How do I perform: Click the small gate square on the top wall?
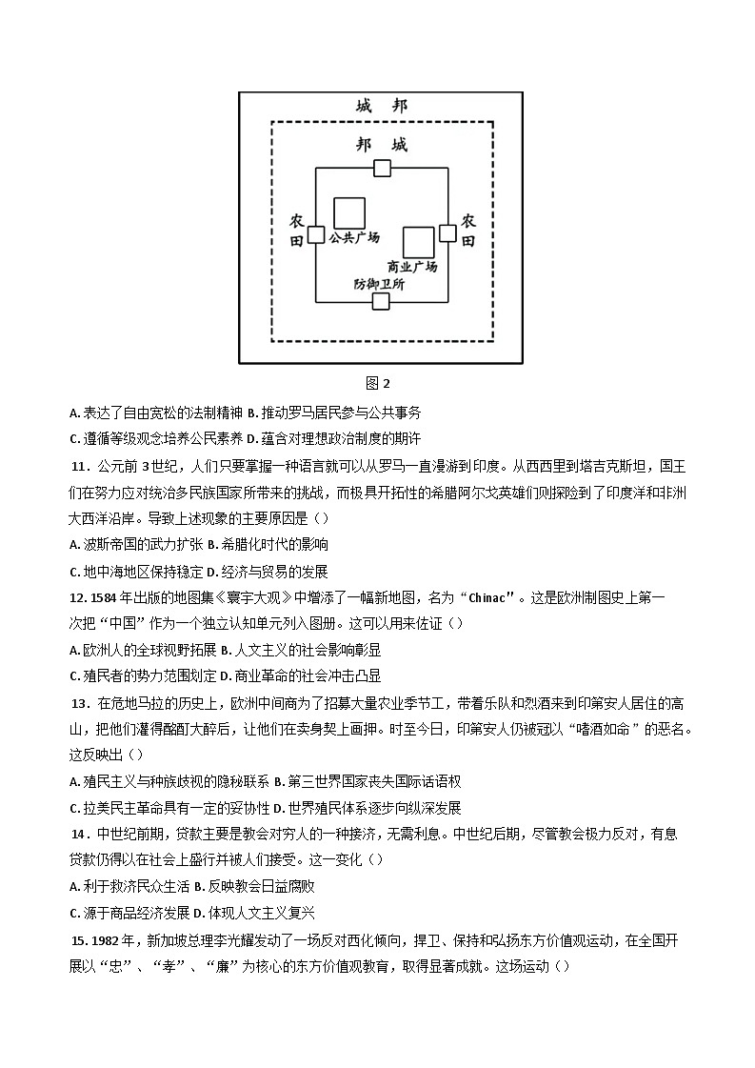click(382, 169)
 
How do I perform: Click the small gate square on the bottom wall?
click(381, 302)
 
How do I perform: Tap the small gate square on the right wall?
click(447, 233)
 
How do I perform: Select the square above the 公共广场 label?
click(348, 213)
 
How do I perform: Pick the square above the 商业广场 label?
click(419, 243)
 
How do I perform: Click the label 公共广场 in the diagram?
click(354, 238)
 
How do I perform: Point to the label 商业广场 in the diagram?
click(412, 267)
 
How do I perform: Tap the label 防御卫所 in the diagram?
click(379, 284)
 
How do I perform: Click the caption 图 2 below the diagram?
click(378, 383)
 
